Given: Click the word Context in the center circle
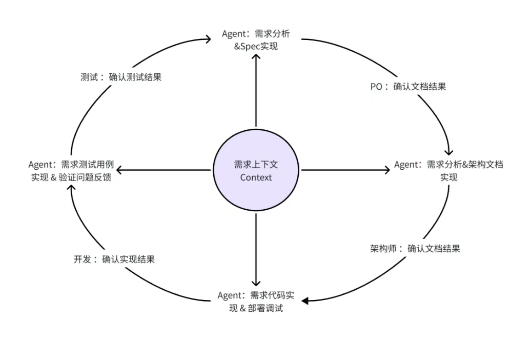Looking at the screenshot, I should tap(256, 177).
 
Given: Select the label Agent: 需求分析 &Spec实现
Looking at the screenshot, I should tap(256, 40).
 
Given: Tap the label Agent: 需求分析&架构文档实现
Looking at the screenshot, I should tap(449, 171).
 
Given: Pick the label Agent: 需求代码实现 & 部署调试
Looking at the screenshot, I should tap(256, 302).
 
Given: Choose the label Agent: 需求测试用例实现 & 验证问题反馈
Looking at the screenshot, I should tap(71, 171).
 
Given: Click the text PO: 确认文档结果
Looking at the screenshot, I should tap(408, 86).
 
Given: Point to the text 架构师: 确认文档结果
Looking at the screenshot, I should tap(415, 248).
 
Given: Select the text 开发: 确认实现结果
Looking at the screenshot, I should tap(114, 259).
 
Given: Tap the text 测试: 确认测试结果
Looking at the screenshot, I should tap(121, 77).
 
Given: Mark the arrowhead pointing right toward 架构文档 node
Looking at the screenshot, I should tap(388, 170).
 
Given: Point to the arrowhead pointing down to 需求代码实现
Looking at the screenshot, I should tap(256, 283).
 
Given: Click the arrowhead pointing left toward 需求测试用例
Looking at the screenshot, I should tap(121, 170).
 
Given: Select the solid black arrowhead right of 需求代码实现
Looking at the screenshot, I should tap(304, 301).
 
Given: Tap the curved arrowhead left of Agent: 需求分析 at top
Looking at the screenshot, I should tap(209, 38).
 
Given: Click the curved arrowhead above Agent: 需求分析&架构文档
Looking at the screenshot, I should tap(450, 151).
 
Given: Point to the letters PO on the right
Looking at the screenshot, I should tap(376, 86).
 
